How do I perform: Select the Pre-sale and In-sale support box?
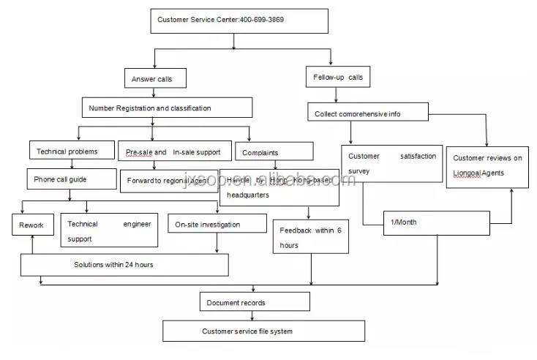174,151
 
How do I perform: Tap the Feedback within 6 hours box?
309,237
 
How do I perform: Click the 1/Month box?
436,222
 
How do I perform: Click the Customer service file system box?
263,331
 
